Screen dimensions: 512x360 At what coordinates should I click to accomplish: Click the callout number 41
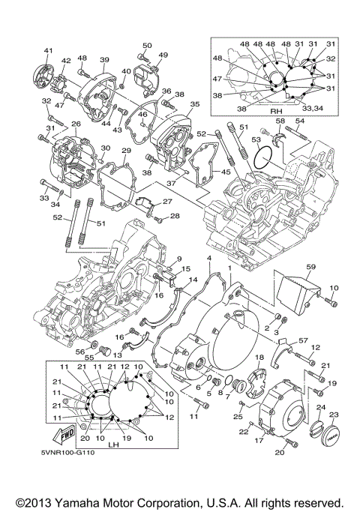click(x=48, y=50)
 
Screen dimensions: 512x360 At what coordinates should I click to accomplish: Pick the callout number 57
click(x=303, y=340)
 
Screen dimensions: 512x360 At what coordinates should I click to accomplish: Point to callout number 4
click(x=209, y=259)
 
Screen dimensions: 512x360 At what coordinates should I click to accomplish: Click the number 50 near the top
click(x=147, y=46)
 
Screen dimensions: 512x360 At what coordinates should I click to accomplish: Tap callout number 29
click(x=127, y=151)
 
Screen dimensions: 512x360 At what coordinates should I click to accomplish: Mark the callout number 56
click(x=79, y=350)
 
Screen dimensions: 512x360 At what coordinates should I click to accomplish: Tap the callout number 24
click(x=320, y=408)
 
